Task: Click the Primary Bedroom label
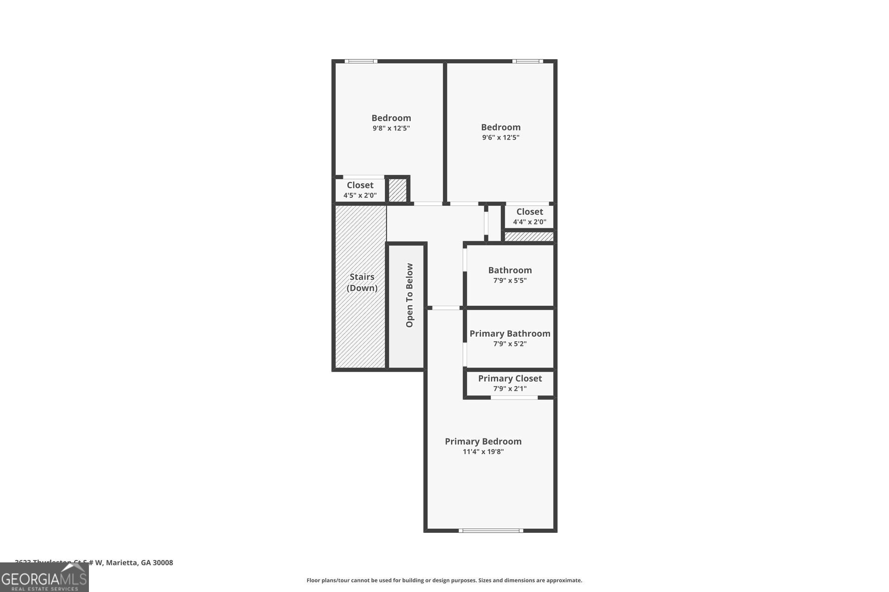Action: point(483,441)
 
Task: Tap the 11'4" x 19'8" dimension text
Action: point(483,452)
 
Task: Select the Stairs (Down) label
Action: point(362,282)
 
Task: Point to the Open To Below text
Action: point(409,295)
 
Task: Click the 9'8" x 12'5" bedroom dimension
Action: point(391,129)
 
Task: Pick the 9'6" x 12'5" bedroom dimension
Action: point(501,138)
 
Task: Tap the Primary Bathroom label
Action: point(510,333)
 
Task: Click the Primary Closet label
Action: point(510,378)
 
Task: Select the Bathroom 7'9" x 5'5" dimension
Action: point(510,281)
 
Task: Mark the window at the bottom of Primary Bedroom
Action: point(491,530)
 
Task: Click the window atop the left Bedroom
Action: point(361,61)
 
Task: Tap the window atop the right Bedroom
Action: point(527,61)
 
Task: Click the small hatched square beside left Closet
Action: point(397,190)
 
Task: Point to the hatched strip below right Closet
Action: point(529,237)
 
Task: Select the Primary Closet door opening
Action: point(514,397)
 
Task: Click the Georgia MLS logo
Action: point(44,578)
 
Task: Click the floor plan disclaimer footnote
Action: point(444,580)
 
